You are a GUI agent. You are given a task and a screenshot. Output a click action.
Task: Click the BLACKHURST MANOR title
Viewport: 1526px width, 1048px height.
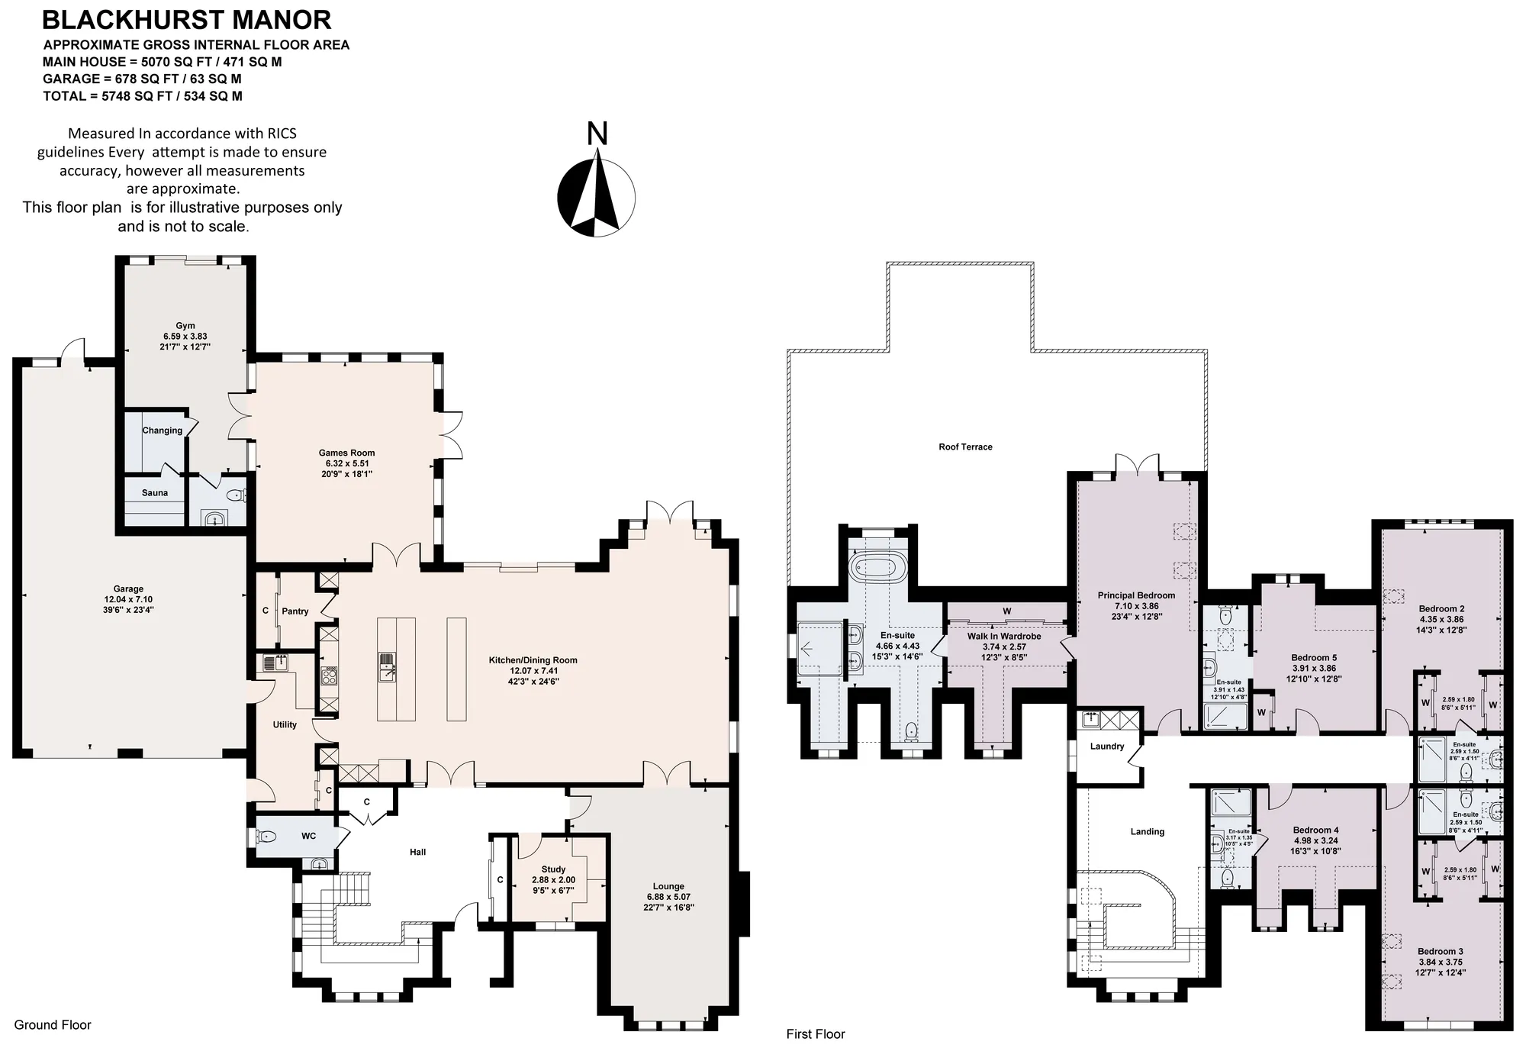(x=186, y=19)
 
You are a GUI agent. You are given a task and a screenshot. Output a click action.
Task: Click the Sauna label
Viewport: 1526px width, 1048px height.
(x=155, y=492)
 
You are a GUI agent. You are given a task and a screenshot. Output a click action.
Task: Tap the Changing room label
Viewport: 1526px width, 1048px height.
(x=163, y=430)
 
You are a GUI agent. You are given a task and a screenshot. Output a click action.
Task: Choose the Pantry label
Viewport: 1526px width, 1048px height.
(x=295, y=611)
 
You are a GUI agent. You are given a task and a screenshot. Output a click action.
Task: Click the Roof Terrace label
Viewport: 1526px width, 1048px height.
(x=965, y=447)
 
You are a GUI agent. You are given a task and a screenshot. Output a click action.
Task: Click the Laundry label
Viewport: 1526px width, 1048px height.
(x=1107, y=746)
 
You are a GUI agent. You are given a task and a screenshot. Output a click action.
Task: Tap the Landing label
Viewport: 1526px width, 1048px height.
(x=1148, y=831)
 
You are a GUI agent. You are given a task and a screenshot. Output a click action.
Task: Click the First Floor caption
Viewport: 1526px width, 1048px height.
(x=816, y=1034)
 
